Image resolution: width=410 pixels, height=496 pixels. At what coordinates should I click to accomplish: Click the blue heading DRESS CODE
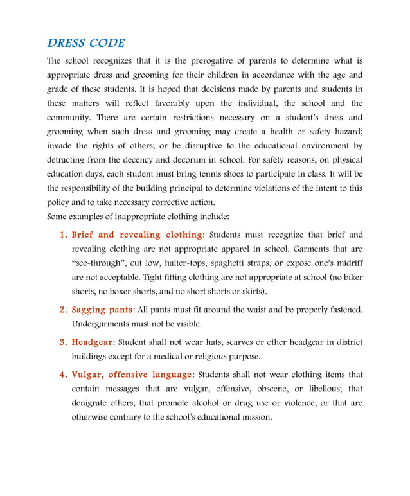coord(86,44)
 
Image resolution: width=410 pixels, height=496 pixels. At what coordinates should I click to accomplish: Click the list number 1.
coord(63,235)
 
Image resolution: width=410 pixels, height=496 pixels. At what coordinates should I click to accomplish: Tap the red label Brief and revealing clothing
coord(138,235)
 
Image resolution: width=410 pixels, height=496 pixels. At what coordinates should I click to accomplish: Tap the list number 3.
coord(63,342)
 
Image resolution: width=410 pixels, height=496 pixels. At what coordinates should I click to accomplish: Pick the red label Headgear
coord(91,342)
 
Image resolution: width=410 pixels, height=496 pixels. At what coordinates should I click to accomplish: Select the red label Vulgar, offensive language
coord(131,375)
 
